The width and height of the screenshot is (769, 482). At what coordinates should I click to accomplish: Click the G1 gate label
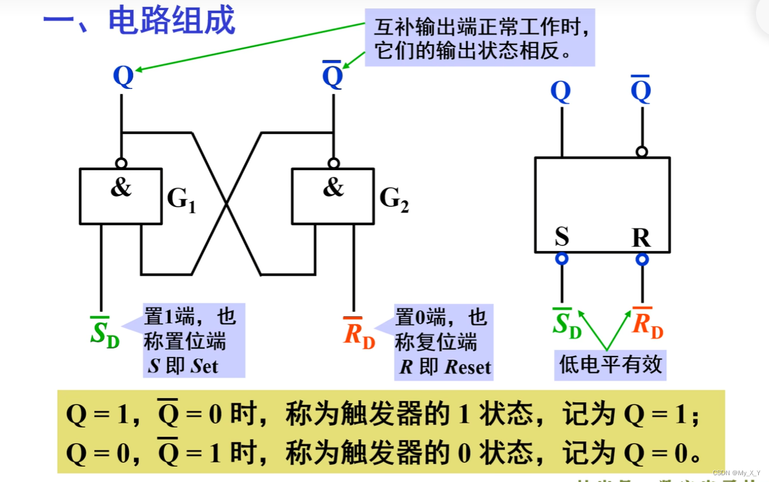point(181,199)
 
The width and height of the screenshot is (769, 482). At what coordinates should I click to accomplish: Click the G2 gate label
point(394,199)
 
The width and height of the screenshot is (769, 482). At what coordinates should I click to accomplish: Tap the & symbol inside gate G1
point(120,187)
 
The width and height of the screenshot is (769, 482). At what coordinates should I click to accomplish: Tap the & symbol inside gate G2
point(333,187)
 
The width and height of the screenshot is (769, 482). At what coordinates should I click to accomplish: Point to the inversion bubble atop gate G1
point(121,163)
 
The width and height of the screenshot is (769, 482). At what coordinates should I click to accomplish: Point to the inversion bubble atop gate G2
point(334,163)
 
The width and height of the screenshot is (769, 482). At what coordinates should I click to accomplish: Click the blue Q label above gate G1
point(123,76)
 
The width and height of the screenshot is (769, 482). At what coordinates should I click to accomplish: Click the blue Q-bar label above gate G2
point(332,76)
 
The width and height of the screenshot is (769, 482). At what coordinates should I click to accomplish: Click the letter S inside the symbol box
point(561,237)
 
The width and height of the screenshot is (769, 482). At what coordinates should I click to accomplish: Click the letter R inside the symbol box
point(641,238)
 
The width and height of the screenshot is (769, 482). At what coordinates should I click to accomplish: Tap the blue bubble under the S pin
point(561,259)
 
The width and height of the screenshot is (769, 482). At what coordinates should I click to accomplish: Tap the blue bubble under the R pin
point(642,259)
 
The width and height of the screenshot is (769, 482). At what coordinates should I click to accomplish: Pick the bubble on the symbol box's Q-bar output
point(641,151)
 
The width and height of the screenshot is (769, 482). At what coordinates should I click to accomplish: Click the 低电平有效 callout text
point(610,364)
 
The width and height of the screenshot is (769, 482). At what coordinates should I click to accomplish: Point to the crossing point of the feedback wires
point(227,203)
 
